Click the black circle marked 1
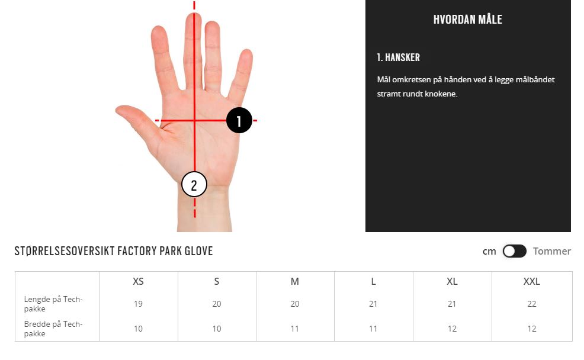[239, 120]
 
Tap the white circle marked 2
[194, 184]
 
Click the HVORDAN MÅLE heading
[468, 20]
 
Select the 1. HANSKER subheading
[398, 57]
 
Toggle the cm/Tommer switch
[514, 251]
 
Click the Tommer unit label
[551, 251]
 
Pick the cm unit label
[489, 252]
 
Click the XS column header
[138, 281]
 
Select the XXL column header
[531, 281]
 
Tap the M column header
[294, 281]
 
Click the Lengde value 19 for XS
[138, 304]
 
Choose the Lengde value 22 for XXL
[532, 304]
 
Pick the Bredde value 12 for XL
[452, 329]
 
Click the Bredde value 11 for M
[294, 329]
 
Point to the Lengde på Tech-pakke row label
[53, 304]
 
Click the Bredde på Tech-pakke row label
[53, 329]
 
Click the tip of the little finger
[247, 51]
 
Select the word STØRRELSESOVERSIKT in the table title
[65, 251]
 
